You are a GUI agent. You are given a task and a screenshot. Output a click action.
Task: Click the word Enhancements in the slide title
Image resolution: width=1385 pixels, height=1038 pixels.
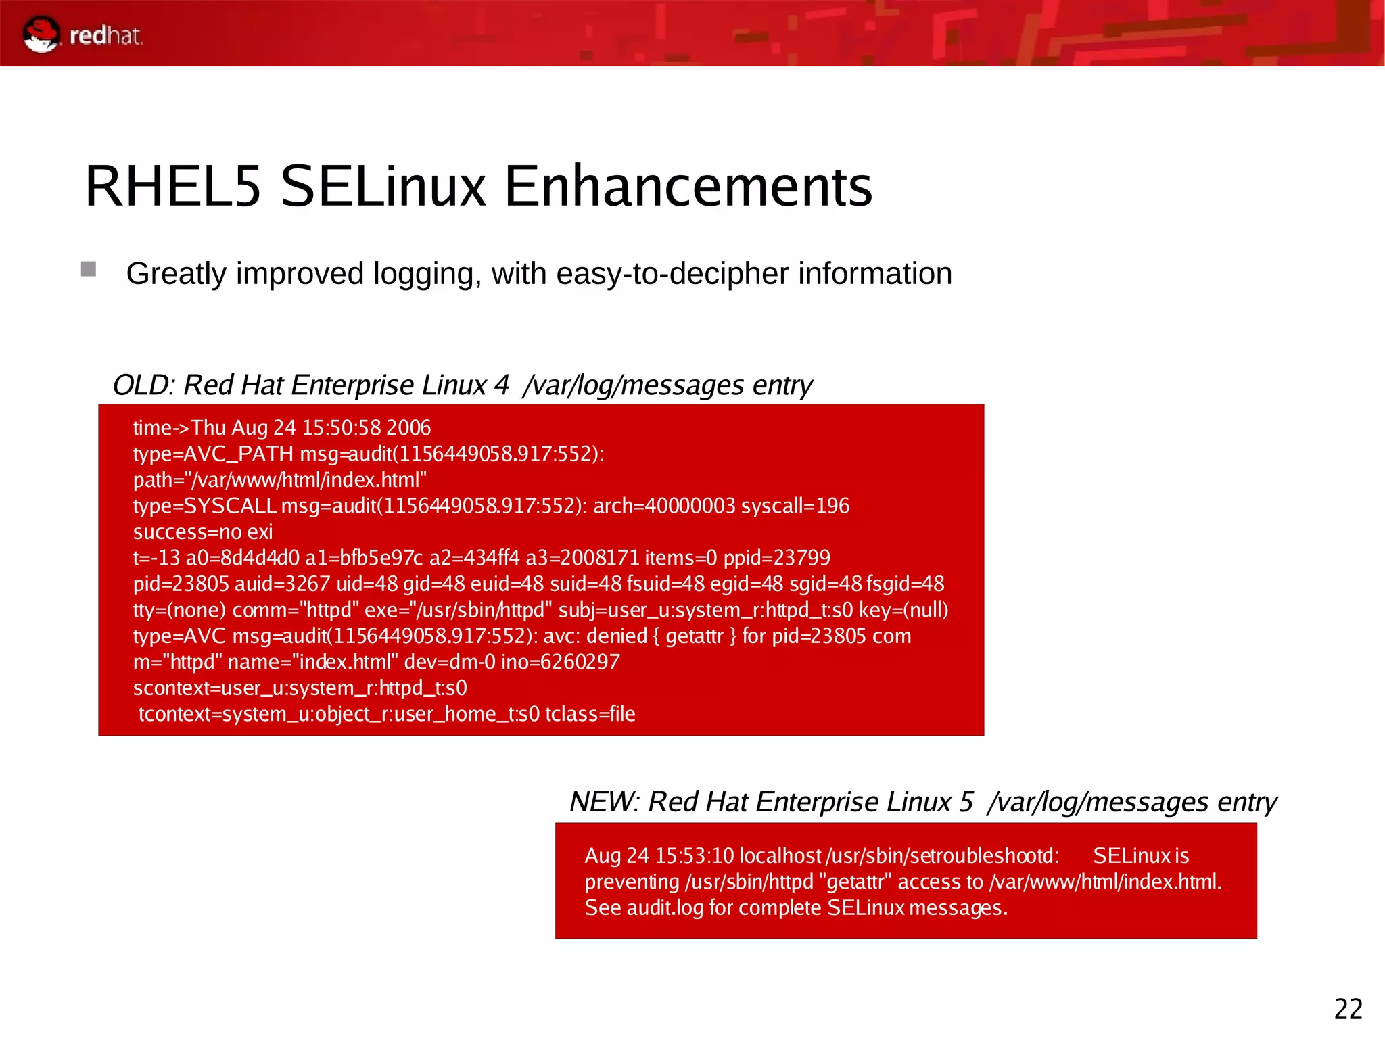tap(688, 186)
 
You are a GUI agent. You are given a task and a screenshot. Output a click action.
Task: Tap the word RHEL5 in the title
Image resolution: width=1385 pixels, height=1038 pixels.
tap(172, 186)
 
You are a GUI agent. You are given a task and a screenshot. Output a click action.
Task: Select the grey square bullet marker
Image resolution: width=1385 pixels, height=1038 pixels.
tap(89, 269)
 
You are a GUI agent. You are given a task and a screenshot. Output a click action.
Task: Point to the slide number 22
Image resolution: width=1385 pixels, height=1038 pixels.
tap(1348, 1009)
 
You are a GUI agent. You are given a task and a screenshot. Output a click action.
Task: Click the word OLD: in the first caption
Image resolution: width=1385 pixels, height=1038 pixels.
tap(144, 385)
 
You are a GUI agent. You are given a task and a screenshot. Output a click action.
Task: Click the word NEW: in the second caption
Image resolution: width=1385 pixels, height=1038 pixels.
tap(604, 802)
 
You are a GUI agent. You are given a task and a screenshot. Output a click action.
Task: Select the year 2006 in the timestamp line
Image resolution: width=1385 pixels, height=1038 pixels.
tap(408, 428)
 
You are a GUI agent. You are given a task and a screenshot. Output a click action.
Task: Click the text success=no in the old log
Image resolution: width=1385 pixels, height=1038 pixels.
tap(187, 532)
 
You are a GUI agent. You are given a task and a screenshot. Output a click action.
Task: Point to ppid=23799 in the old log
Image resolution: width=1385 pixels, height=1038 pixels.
tap(776, 558)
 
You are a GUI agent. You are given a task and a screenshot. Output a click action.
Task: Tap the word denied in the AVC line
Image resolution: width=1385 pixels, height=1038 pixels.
tap(616, 636)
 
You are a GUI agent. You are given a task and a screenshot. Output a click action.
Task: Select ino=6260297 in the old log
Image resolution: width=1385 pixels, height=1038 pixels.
tap(560, 662)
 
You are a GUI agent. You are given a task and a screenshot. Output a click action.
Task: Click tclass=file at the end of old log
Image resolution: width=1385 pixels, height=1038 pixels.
tap(590, 714)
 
